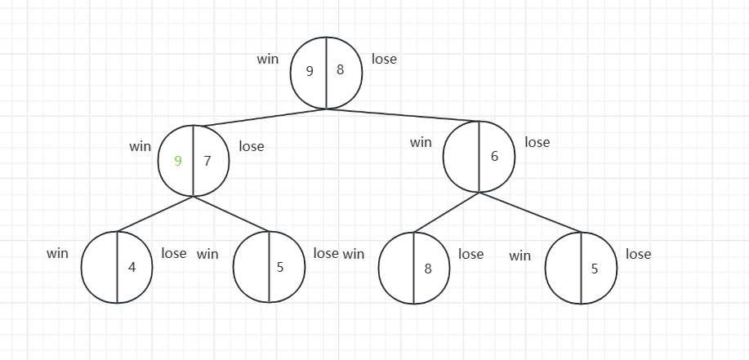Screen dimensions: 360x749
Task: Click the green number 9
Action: click(x=178, y=161)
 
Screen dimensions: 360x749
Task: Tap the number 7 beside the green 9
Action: click(x=207, y=161)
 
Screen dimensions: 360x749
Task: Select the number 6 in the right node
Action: click(x=494, y=156)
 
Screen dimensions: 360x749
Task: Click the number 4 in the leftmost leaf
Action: click(x=132, y=267)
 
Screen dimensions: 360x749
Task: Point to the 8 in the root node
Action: click(x=340, y=70)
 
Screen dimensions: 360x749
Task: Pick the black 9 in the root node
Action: click(x=310, y=71)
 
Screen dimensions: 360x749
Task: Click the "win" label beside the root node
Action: click(x=268, y=59)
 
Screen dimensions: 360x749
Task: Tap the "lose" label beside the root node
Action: click(x=384, y=59)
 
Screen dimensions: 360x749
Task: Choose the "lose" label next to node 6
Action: click(x=537, y=142)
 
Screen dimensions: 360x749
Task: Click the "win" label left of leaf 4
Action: click(x=57, y=253)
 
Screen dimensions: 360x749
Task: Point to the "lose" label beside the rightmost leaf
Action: click(x=638, y=254)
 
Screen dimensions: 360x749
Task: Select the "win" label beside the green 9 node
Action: click(x=140, y=147)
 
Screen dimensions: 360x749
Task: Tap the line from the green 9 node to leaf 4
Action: click(x=155, y=214)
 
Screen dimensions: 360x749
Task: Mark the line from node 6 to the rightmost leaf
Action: click(x=531, y=213)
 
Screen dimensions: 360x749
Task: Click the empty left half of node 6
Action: click(x=462, y=156)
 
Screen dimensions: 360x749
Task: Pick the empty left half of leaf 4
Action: click(x=100, y=267)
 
